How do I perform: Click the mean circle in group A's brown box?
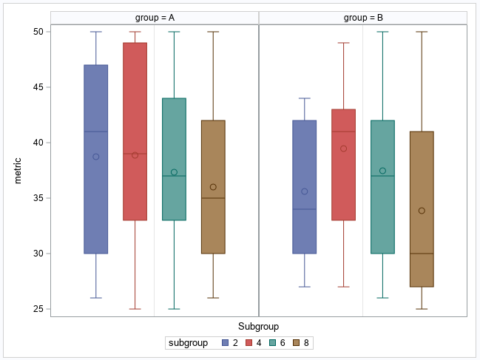(213, 187)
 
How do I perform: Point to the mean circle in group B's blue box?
(305, 191)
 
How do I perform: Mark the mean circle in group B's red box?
(343, 149)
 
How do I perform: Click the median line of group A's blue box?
(95, 132)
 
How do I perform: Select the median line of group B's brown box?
(422, 254)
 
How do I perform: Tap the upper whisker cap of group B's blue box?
(305, 98)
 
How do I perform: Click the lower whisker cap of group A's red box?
(135, 309)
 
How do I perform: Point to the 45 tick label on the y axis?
(36, 87)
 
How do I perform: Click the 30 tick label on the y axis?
(36, 254)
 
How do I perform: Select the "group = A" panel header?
(155, 18)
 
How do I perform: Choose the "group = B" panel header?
(363, 18)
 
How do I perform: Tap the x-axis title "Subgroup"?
(258, 326)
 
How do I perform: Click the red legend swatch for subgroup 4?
(250, 343)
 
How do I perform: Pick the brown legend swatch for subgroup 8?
(297, 343)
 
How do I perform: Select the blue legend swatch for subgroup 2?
(226, 343)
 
